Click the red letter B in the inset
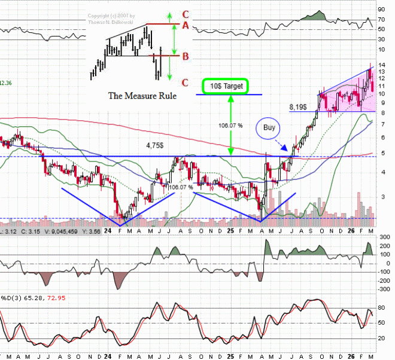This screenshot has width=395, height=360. pos(186,57)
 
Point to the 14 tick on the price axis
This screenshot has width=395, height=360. pos(381,65)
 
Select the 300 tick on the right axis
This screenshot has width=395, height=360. pos(382,237)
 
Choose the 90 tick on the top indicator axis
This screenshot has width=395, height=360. pos(381,10)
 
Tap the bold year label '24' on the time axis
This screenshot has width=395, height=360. pos(108,230)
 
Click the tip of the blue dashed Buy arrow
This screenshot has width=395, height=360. pos(287,151)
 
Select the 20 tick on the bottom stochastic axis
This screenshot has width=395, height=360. pos(381,338)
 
